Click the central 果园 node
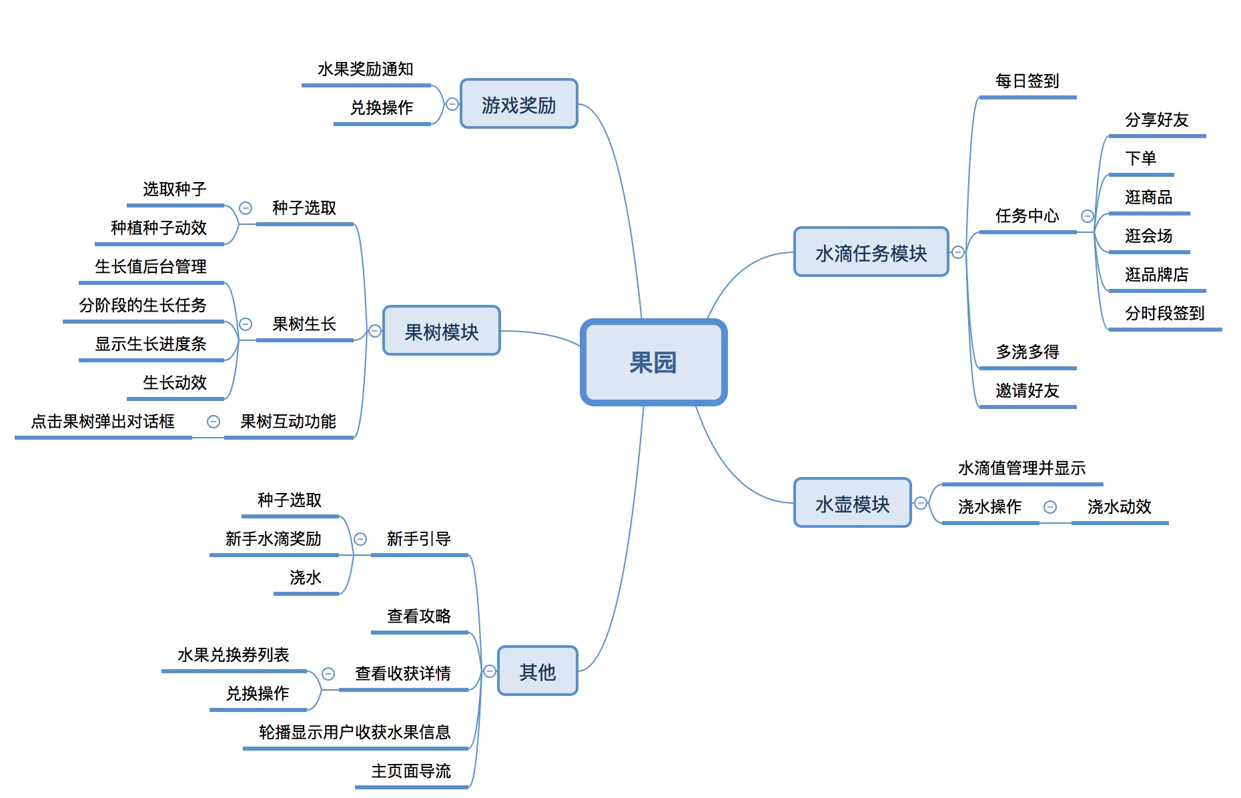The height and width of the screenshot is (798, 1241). pos(653,362)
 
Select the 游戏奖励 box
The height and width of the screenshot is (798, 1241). pos(518,105)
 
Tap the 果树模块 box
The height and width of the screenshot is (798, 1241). pos(441,332)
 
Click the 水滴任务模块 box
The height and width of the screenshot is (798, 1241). pos(871,253)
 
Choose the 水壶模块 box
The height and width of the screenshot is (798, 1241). pos(852,504)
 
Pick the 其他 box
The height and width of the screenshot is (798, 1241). pos(537,671)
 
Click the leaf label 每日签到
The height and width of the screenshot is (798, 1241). pos(1027,81)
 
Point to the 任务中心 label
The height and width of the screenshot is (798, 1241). pos(1027,216)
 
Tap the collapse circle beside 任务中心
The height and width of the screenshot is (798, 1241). pos(1087,216)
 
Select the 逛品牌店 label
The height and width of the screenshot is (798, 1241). pos(1156,274)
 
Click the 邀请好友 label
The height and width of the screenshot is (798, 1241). pos(1027,390)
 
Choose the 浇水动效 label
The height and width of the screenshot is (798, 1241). pos(1119,506)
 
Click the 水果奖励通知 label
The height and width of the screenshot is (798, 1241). pos(365,69)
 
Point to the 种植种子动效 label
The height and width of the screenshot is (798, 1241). pos(159,228)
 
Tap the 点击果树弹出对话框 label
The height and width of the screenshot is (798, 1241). pos(103,421)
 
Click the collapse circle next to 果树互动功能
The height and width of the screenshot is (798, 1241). pos(214,422)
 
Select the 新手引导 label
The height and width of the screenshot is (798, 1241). pos(418,538)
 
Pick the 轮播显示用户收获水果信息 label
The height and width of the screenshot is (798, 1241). pos(354,732)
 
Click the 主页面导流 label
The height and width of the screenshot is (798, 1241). pos(410,771)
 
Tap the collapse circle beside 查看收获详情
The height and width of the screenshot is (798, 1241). pos(328,674)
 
